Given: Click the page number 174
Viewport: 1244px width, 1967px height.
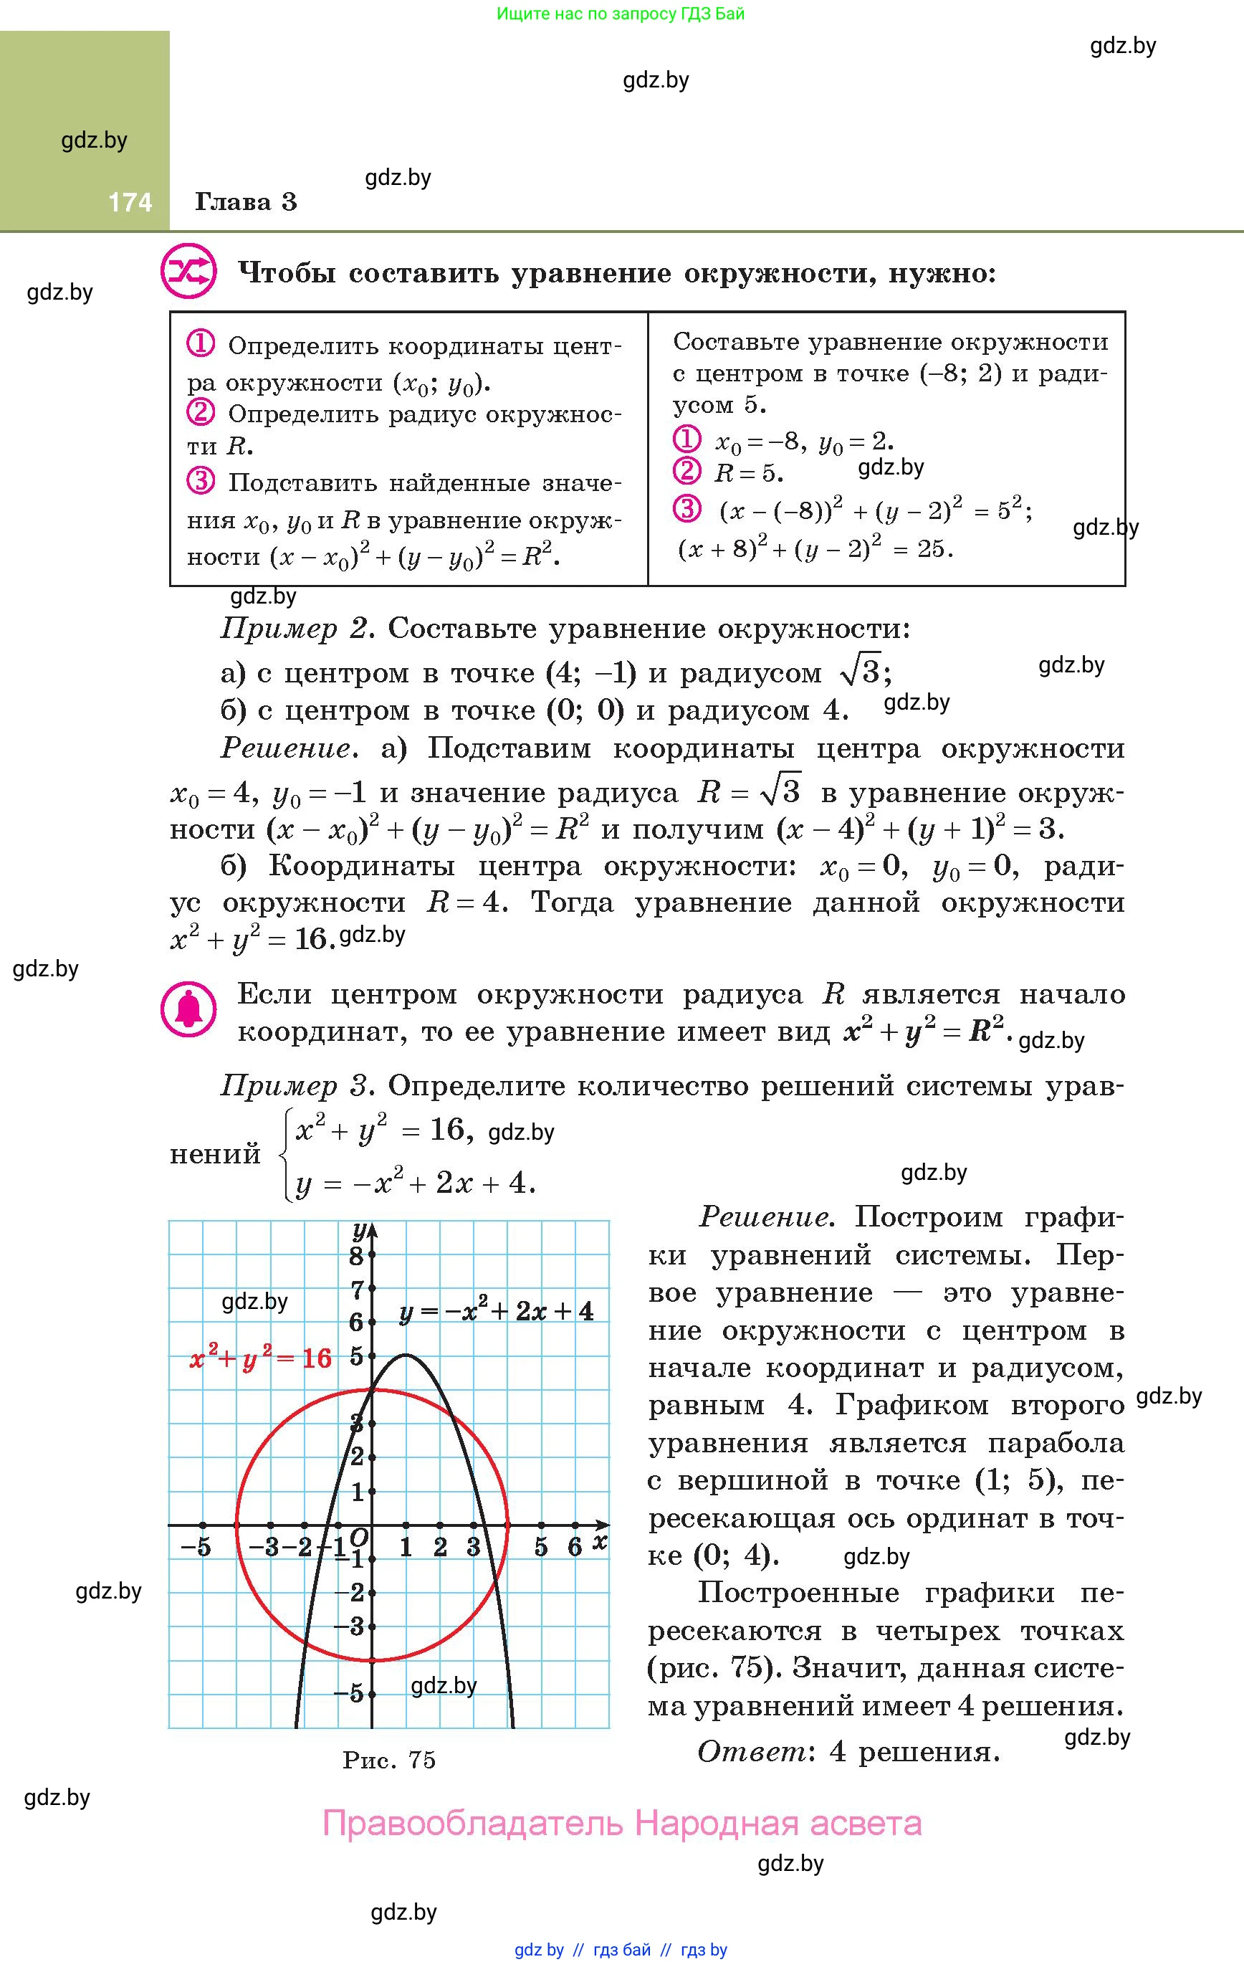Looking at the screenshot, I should coord(130,201).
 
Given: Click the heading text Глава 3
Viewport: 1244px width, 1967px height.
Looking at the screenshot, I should coord(246,201).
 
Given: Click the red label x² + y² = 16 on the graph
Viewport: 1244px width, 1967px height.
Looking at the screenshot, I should coord(261,1358).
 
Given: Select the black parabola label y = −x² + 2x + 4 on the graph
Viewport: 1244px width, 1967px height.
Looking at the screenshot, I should coord(496,1312).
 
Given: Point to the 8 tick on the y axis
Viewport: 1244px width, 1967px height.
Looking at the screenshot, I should coord(357,1257).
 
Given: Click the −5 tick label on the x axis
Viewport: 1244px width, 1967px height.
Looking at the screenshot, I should coord(196,1547).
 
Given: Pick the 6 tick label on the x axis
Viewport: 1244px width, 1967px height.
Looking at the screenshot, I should coord(574,1546).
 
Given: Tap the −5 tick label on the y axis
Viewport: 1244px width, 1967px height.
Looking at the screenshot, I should coord(349,1693).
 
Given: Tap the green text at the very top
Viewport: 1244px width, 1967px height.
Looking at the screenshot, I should coord(621,14).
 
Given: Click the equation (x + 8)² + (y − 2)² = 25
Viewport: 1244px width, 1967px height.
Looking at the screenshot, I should coord(815,549).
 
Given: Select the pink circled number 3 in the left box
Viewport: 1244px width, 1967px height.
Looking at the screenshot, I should coord(201,481).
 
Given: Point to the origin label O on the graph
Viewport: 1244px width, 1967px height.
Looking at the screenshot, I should coord(358,1538).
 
